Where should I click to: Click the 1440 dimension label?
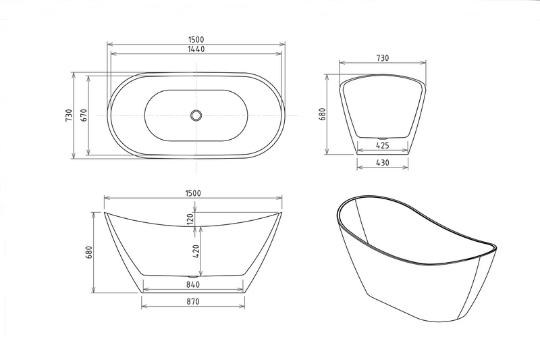click(x=196, y=49)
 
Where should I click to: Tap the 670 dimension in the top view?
click(x=84, y=115)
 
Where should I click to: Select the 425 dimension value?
click(x=383, y=145)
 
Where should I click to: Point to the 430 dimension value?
click(x=383, y=162)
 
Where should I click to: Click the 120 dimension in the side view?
click(x=190, y=219)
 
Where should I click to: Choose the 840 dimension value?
click(x=193, y=284)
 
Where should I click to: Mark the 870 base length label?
click(x=193, y=301)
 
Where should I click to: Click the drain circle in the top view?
click(x=196, y=115)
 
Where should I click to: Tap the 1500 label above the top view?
click(x=196, y=40)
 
